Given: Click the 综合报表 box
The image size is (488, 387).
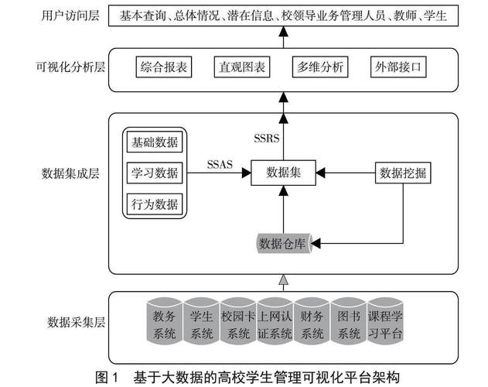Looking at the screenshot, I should [x=164, y=67].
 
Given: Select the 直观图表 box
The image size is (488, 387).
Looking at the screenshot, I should [x=241, y=67].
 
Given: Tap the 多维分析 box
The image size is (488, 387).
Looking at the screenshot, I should [x=319, y=67].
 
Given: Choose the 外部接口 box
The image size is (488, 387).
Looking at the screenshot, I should [x=397, y=67].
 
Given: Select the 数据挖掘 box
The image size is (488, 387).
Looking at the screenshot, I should [x=402, y=173].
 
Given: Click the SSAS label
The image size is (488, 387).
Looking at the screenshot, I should [x=220, y=164].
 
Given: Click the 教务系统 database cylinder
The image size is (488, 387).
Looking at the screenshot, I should [x=165, y=324].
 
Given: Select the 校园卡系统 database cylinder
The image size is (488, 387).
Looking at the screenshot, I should [x=238, y=324].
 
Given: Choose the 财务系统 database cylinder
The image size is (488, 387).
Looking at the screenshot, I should [x=312, y=324].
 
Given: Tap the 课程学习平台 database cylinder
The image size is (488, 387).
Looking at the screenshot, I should [x=386, y=324].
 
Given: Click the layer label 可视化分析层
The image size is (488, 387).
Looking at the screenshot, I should [x=65, y=67].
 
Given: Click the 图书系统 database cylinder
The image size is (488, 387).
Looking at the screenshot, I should [x=350, y=324].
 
